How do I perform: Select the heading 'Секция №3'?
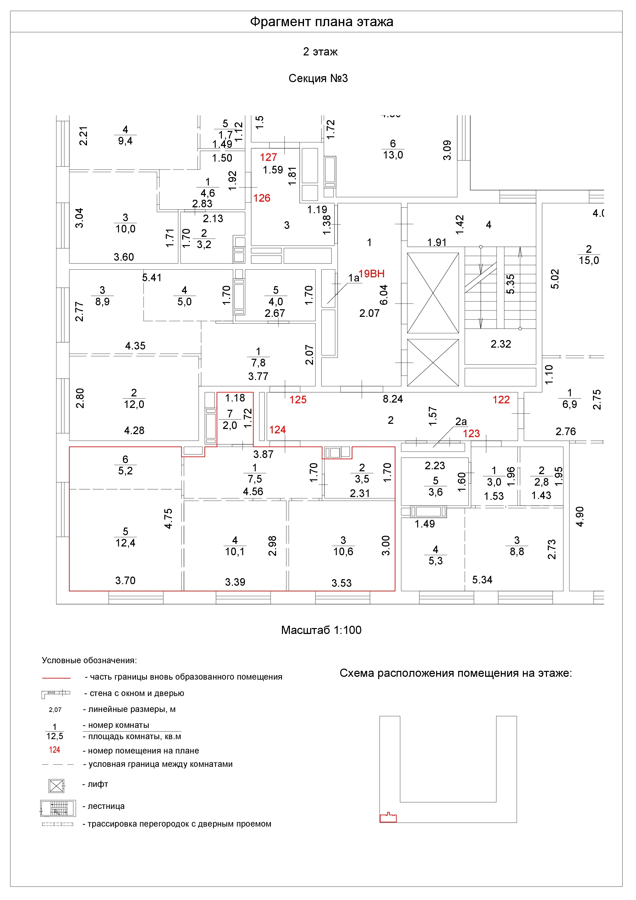point(318,79)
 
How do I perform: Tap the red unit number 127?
point(268,158)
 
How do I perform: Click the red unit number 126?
point(262,198)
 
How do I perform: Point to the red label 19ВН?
point(371,273)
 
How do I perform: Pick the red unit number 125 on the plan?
point(298,400)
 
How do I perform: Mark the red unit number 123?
point(471,434)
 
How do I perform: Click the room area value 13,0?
point(393,155)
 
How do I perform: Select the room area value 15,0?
point(589,260)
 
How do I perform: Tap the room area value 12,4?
point(125,543)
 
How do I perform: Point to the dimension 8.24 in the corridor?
point(393,399)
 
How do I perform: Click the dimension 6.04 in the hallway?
point(384,295)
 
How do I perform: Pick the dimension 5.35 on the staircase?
point(510,284)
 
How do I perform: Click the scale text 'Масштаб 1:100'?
point(321,630)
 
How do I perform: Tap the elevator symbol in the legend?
point(56,786)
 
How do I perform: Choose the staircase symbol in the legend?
point(58,808)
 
